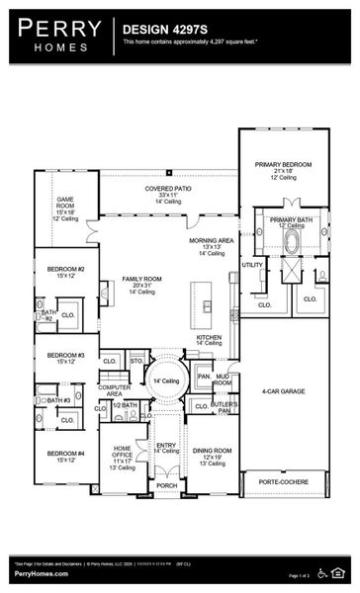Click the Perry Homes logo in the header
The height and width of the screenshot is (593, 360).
(57, 36)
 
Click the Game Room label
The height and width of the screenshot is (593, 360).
(65, 205)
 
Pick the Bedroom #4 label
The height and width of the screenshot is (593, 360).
(66, 456)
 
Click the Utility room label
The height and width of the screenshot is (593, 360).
(252, 265)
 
